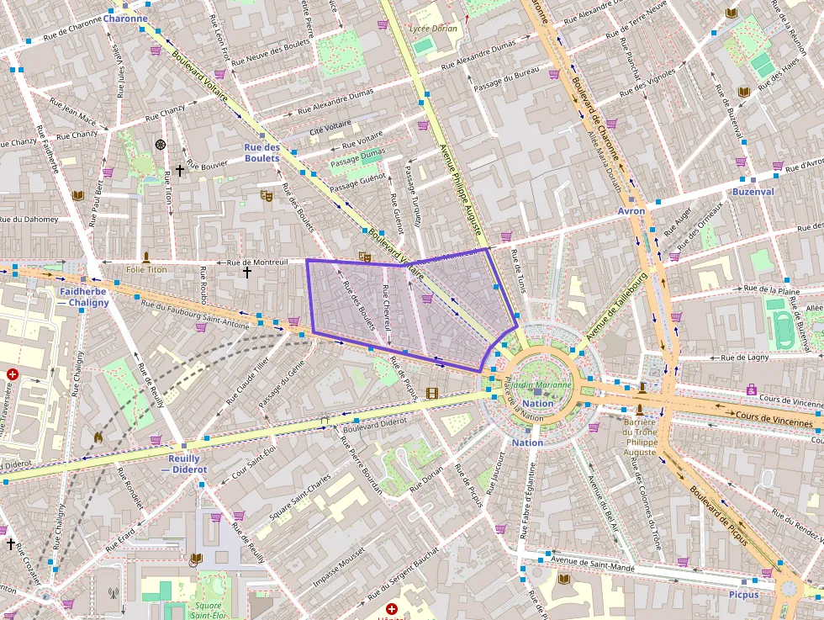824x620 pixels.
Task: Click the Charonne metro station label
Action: point(125,18)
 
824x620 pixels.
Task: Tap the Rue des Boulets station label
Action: point(261,152)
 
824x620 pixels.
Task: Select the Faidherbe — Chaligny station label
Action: point(84,297)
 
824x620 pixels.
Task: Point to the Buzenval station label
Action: point(753,192)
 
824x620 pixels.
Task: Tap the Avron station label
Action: point(631,210)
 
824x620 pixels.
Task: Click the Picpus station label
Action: point(743,594)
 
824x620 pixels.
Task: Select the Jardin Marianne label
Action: point(538,385)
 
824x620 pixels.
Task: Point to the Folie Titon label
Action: point(146,269)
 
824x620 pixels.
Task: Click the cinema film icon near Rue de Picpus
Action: point(432,393)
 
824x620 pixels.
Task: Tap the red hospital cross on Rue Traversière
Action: point(13,374)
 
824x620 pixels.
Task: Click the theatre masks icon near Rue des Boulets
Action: point(266,196)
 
